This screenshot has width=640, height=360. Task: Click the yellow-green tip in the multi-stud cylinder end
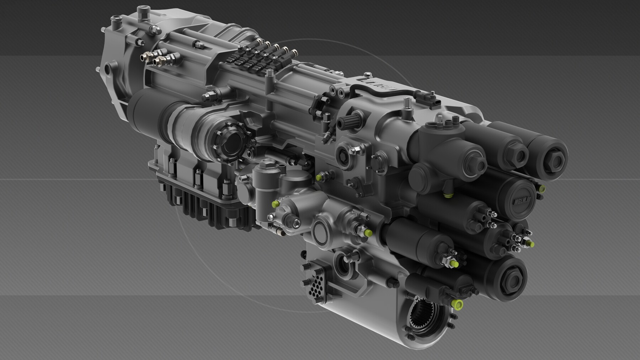click(x=531, y=244)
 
